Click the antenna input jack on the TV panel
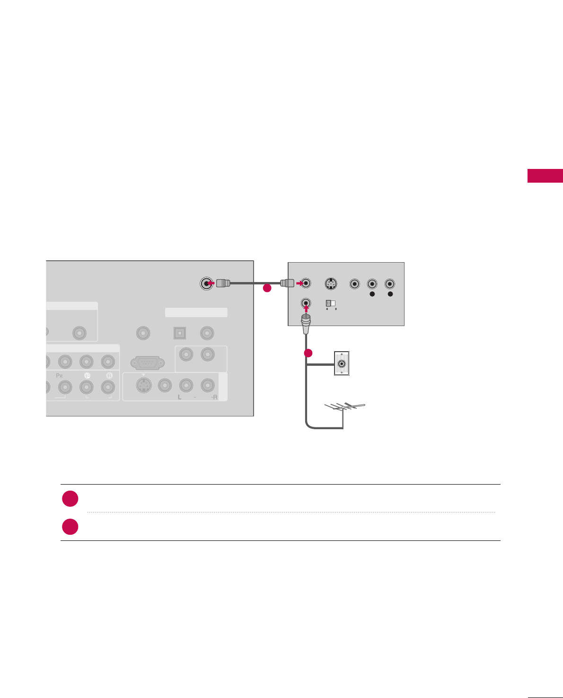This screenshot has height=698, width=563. click(x=206, y=283)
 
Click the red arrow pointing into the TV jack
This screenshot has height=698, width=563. click(x=211, y=283)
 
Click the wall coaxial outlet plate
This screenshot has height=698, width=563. click(x=342, y=363)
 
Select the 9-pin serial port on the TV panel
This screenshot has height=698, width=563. click(x=148, y=363)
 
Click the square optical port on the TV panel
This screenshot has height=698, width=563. click(x=179, y=333)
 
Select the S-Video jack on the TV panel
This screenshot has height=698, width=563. click(x=143, y=386)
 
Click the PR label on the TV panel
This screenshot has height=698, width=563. click(x=60, y=375)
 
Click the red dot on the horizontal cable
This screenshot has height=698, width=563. click(x=267, y=288)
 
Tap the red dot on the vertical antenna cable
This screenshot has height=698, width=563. click(x=308, y=353)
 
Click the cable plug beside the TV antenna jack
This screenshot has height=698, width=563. click(x=223, y=283)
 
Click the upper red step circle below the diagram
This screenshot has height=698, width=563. click(x=70, y=499)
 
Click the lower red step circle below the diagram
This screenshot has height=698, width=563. click(x=70, y=527)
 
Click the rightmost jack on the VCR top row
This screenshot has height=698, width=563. click(x=390, y=284)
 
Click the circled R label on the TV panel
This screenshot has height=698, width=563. click(x=109, y=375)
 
